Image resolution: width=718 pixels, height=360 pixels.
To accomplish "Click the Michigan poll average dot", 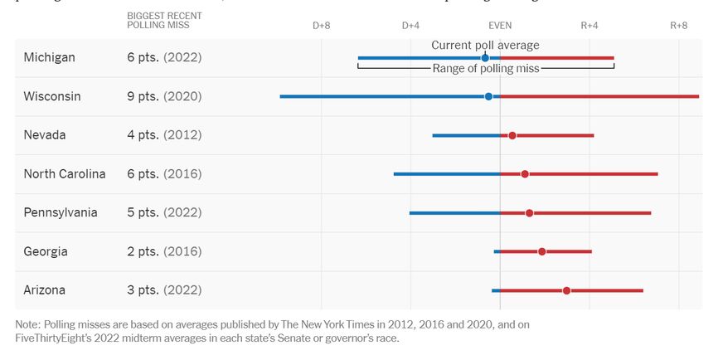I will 485,58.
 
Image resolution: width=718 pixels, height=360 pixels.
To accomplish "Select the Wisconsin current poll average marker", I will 488,96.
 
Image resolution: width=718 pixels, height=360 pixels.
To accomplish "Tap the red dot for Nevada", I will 512,135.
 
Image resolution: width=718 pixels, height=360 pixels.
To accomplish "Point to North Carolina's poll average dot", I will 525,174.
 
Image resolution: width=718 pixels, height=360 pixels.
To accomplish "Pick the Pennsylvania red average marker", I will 530,213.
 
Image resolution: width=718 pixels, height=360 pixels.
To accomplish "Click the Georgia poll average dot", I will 542,251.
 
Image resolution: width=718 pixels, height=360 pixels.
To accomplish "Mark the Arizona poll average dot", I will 566,290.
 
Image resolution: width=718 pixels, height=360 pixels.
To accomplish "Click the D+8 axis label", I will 322,26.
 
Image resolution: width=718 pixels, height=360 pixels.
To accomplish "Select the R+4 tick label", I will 589,26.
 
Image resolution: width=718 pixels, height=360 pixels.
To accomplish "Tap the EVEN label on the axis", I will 500,26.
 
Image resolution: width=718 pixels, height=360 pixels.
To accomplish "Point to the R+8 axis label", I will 679,26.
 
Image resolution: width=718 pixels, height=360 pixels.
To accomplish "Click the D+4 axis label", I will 411,26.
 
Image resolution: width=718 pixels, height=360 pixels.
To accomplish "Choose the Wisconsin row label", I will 52,96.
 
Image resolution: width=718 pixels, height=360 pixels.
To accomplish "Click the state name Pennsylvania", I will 61,212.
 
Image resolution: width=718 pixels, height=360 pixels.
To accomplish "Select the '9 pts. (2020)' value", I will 164,96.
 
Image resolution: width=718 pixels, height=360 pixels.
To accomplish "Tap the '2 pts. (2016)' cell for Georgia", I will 164,251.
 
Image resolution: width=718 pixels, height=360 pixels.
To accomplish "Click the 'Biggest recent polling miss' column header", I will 164,21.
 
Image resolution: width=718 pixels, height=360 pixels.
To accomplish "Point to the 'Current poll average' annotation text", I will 485,45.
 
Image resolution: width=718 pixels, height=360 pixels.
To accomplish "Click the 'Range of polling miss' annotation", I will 486,69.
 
